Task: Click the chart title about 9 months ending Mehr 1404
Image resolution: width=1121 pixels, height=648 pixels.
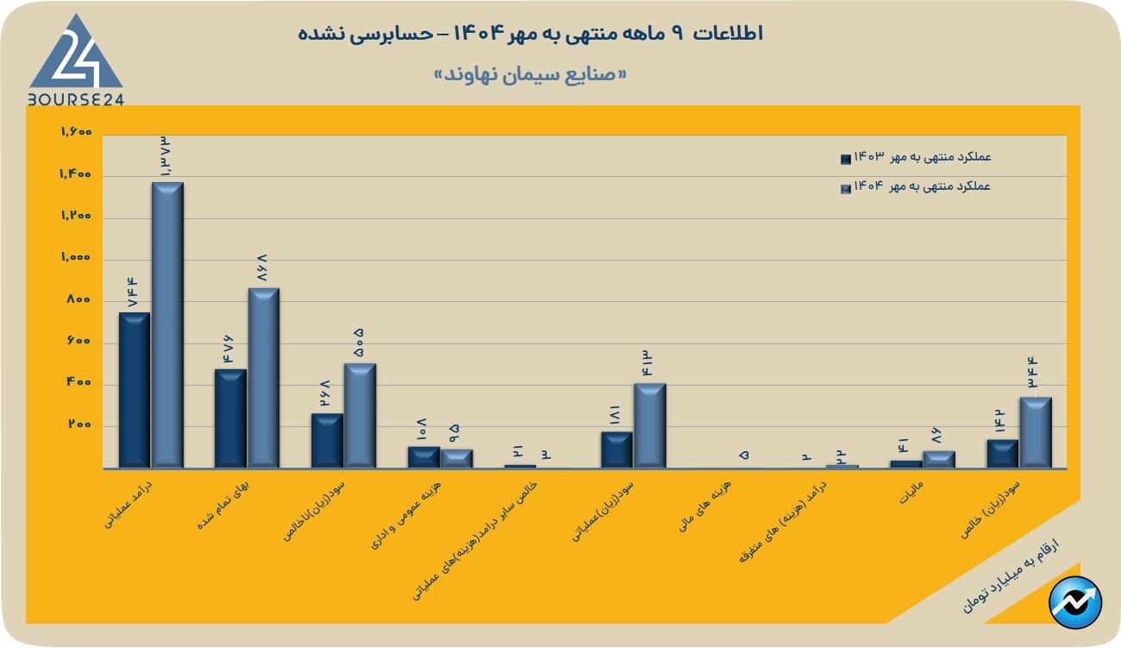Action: [x=530, y=34]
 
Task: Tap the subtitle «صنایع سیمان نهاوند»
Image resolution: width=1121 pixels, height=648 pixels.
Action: [x=530, y=74]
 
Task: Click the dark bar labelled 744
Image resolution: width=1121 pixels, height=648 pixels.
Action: [x=134, y=390]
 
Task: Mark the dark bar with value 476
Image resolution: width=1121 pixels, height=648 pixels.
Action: [x=230, y=418]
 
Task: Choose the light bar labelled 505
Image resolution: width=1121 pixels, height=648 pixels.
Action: [x=360, y=416]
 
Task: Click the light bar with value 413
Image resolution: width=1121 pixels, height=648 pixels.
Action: [x=650, y=425]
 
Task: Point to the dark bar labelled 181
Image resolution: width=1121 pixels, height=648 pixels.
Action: [x=617, y=450]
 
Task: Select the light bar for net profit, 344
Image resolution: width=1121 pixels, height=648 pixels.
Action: [x=1036, y=432]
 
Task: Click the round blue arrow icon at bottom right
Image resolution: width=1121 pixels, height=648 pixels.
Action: [x=1075, y=601]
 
